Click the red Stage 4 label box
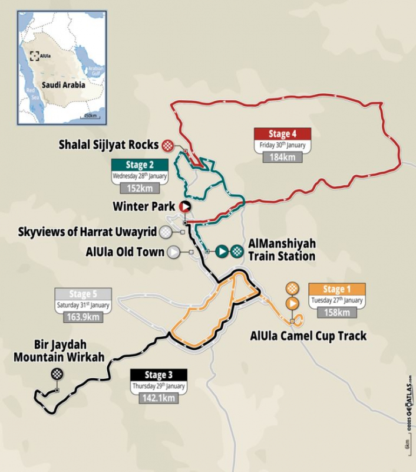[282, 133]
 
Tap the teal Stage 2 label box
[140, 165]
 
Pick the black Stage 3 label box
[159, 375]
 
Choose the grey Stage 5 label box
[83, 294]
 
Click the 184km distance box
[282, 157]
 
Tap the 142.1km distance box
[159, 398]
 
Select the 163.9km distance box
[83, 317]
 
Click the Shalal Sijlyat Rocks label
[108, 145]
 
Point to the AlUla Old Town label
[125, 252]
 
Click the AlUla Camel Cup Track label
[308, 336]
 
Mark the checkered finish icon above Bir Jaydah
[57, 373]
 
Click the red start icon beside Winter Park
[184, 206]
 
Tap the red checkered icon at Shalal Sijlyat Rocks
[169, 145]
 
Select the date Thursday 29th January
[159, 386]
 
